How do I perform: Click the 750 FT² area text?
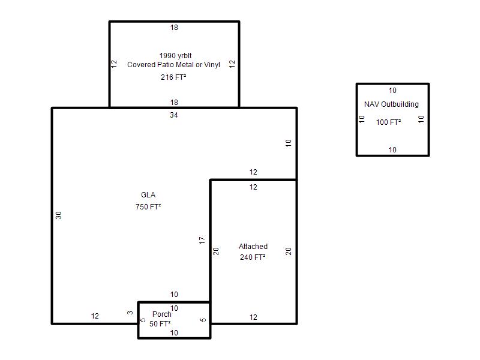pyautogui.click(x=148, y=207)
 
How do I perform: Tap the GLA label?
pyautogui.click(x=148, y=195)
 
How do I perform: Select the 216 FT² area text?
pyautogui.click(x=173, y=77)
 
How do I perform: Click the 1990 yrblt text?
pyautogui.click(x=175, y=56)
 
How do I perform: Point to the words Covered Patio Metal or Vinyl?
pyautogui.click(x=173, y=65)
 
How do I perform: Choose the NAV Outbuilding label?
pyautogui.click(x=391, y=104)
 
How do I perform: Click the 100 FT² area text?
pyautogui.click(x=388, y=122)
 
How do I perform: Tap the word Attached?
pyautogui.click(x=253, y=247)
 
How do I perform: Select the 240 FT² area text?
pyautogui.click(x=253, y=257)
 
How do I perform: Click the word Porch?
pyautogui.click(x=162, y=314)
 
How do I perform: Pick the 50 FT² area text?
pyautogui.click(x=160, y=323)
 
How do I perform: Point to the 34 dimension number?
pyautogui.click(x=174, y=115)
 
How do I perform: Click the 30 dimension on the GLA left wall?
pyautogui.click(x=58, y=215)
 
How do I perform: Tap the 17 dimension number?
pyautogui.click(x=202, y=241)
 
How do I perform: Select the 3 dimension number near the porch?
pyautogui.click(x=130, y=313)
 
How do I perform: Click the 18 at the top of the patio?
pyautogui.click(x=174, y=28)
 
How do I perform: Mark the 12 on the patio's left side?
pyautogui.click(x=114, y=64)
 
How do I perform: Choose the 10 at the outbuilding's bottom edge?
pyautogui.click(x=392, y=149)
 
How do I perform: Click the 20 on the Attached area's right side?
pyautogui.click(x=289, y=251)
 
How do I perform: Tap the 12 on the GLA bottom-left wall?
pyautogui.click(x=95, y=316)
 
